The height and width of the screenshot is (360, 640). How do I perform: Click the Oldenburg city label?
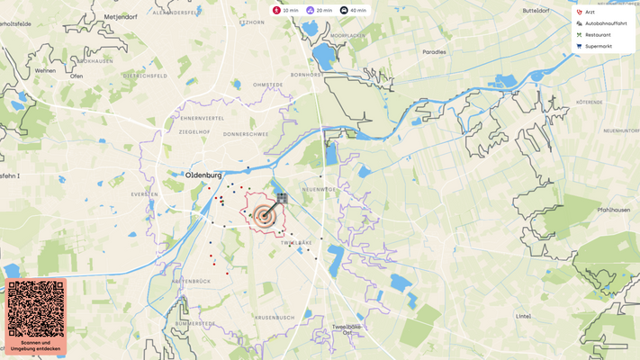(203, 175)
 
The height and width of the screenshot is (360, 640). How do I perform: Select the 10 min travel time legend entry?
(286, 10)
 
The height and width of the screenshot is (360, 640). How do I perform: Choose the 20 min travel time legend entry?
(320, 10)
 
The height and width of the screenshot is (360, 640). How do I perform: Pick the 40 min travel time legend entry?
(353, 10)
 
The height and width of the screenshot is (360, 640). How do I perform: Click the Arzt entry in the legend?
(590, 12)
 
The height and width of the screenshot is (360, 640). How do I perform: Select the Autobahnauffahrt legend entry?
(605, 23)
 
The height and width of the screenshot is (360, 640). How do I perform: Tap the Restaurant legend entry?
(597, 35)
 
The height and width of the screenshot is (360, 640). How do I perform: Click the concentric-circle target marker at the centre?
(264, 215)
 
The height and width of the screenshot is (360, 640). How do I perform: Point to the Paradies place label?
(434, 52)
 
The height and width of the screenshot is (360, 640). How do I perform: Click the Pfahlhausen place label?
(611, 210)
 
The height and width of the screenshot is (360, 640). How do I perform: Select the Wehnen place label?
(45, 70)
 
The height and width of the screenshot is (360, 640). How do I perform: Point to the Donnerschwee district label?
(246, 134)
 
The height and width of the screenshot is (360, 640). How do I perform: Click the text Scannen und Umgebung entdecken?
(36, 346)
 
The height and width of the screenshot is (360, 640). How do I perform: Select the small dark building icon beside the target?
(282, 197)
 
